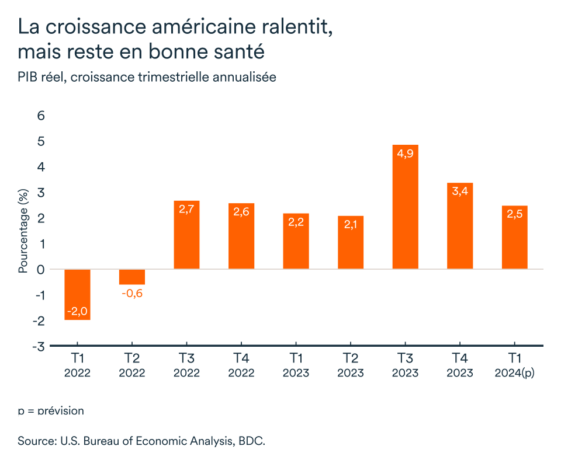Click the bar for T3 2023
[x=405, y=207]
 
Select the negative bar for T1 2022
[x=77, y=294]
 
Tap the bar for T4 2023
[x=460, y=226]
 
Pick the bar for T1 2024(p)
[x=514, y=237]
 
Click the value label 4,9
[x=405, y=154]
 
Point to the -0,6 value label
[x=132, y=293]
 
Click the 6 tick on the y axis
[x=41, y=116]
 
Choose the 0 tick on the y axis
[x=41, y=269]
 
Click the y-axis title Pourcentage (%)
[x=23, y=231]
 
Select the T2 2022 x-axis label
[x=132, y=365]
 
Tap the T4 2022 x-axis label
[x=241, y=365]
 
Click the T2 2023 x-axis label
[x=351, y=365]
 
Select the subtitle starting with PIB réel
[x=147, y=76]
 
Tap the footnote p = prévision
[x=51, y=410]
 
